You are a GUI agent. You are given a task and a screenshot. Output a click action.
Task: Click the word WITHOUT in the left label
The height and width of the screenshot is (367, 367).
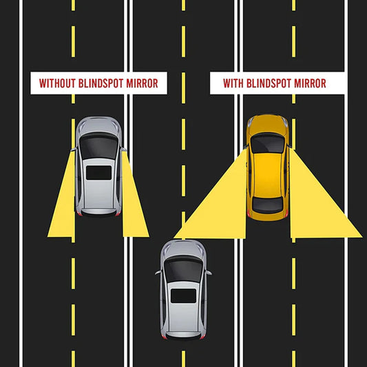tap(57, 83)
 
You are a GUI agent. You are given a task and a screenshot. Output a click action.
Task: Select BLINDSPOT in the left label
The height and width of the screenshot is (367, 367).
tap(101, 83)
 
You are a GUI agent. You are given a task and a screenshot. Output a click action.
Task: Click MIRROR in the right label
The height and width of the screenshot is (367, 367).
tap(310, 83)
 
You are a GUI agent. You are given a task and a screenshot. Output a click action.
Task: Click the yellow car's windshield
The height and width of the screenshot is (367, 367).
tap(267, 143)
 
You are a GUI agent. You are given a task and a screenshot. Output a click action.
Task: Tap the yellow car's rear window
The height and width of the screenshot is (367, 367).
tap(267, 205)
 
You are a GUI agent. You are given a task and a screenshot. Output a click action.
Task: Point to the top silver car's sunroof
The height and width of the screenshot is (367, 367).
tap(98, 173)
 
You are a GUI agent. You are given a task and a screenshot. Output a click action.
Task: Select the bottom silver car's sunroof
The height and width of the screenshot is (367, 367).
tap(183, 296)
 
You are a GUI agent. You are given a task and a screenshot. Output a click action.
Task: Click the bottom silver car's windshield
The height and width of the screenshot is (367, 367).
tap(183, 269)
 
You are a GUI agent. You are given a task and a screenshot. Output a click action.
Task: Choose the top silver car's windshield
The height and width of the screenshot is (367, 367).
tap(98, 146)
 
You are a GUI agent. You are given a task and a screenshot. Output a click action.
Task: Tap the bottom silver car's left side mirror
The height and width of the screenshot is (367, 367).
tap(158, 273)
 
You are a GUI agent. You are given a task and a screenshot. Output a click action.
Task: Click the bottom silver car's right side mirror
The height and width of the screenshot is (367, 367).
tap(209, 273)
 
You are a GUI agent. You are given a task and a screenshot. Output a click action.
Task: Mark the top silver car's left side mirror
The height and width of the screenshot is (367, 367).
tap(74, 149)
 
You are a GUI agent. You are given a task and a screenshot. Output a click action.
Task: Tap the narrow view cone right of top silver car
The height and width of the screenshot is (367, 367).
tap(134, 204)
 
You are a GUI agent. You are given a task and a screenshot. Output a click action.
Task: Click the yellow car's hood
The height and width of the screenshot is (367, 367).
tap(267, 124)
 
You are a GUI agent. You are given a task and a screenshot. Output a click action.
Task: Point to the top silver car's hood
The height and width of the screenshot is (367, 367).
tap(98, 125)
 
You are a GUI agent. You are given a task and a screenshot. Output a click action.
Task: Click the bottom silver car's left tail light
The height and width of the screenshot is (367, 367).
tap(165, 337)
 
